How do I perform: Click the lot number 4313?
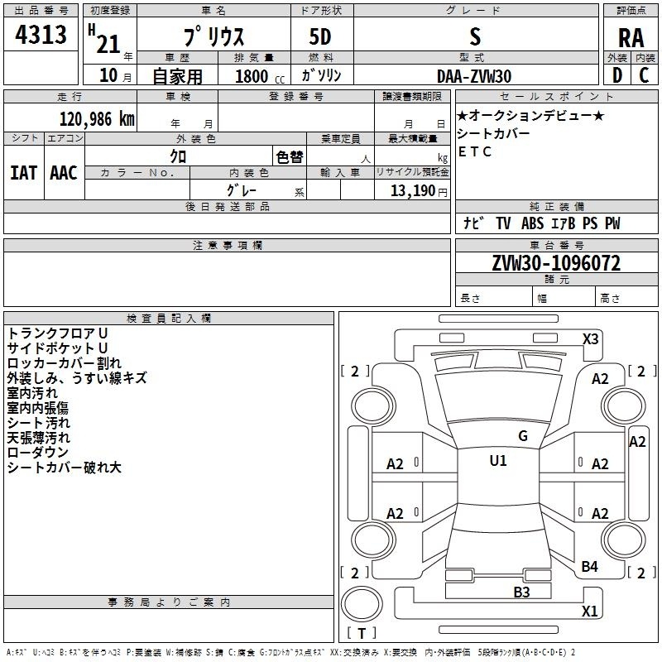click(41, 34)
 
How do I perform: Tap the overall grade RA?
click(631, 38)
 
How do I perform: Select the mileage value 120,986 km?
click(97, 119)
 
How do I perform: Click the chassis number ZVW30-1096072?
click(556, 263)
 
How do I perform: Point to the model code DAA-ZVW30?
click(474, 76)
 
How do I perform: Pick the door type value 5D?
click(320, 37)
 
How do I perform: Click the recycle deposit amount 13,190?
click(412, 191)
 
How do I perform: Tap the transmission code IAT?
click(24, 173)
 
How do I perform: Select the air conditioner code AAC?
click(64, 173)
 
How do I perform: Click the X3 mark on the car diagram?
click(591, 339)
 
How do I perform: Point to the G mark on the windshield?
click(523, 436)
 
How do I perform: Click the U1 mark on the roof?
click(498, 461)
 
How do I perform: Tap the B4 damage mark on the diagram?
click(589, 567)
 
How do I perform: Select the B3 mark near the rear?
click(521, 592)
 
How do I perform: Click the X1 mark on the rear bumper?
click(589, 611)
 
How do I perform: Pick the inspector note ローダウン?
click(37, 452)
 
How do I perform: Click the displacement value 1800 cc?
click(260, 76)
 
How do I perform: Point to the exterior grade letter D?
click(617, 75)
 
